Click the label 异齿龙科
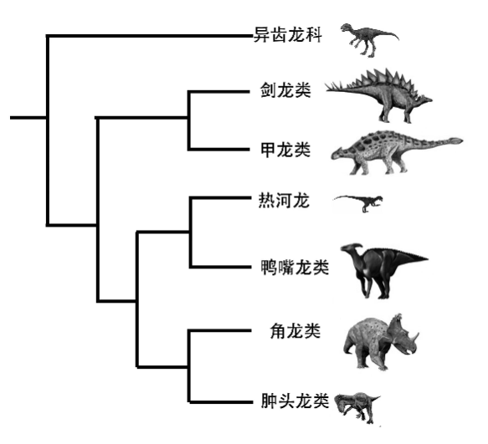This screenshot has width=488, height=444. tap(288, 34)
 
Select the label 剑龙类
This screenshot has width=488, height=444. tap(285, 90)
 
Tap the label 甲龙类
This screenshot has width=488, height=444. tap(285, 150)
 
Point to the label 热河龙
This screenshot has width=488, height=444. tap(284, 201)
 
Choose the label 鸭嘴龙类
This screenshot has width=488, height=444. tap(295, 267)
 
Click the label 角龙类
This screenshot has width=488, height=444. tap(295, 330)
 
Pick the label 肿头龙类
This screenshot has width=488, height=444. tap(295, 401)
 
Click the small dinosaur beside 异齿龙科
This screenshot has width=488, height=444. tap(369, 40)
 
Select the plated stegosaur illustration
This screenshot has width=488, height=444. tap(378, 95)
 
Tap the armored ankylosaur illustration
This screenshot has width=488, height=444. tap(397, 152)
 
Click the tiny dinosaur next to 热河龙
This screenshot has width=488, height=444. tap(358, 203)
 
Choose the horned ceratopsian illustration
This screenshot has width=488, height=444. tap(381, 342)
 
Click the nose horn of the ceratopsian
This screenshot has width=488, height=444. tap(416, 337)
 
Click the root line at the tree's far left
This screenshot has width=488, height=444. tap(28, 118)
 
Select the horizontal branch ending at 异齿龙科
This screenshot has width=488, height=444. tap(149, 36)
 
